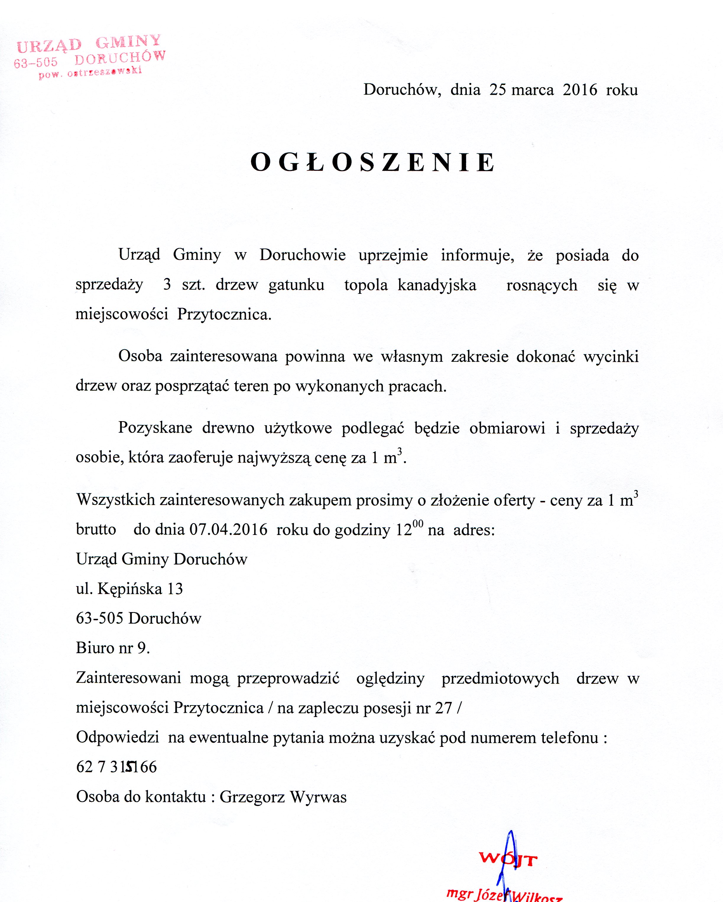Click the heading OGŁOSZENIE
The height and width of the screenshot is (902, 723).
(373, 162)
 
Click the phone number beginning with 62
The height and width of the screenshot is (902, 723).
(116, 766)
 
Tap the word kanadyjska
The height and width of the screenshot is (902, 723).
(437, 285)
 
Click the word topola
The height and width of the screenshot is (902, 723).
(366, 285)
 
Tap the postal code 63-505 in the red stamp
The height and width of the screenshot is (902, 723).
(35, 63)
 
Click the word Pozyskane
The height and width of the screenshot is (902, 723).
(155, 428)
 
